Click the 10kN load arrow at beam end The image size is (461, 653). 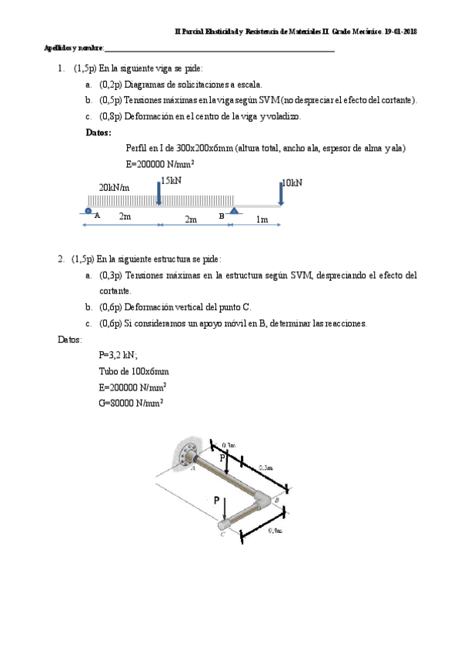pyautogui.click(x=281, y=195)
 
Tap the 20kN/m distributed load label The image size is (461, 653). pyautogui.click(x=114, y=188)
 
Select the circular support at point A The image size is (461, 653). pyautogui.click(x=89, y=211)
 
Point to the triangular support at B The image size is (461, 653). pyautogui.click(x=236, y=210)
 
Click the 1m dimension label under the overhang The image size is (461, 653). pyautogui.click(x=262, y=219)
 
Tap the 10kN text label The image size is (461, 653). pyautogui.click(x=292, y=183)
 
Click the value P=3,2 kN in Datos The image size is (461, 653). pyautogui.click(x=119, y=355)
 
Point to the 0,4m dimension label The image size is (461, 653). pyautogui.click(x=274, y=531)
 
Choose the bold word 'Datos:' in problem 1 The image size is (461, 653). pyautogui.click(x=99, y=132)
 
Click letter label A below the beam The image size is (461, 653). pyautogui.click(x=97, y=216)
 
